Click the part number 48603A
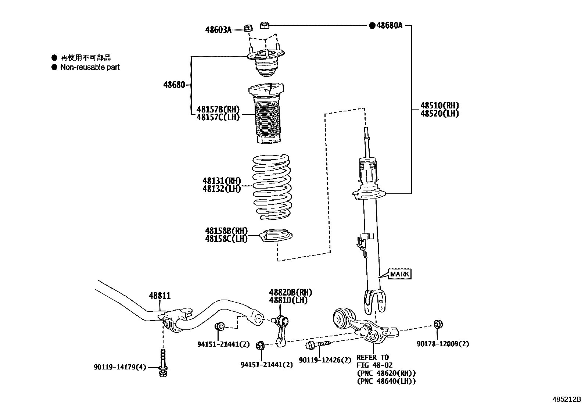pyautogui.click(x=218, y=30)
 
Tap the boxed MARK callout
pyautogui.click(x=399, y=274)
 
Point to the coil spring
pyautogui.click(x=272, y=187)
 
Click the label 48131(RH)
pyautogui.click(x=221, y=181)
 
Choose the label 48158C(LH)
pyautogui.click(x=226, y=239)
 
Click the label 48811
pyautogui.click(x=159, y=296)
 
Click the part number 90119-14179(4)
pyautogui.click(x=120, y=367)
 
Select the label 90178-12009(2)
pyautogui.click(x=442, y=344)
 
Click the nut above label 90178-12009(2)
pyautogui.click(x=438, y=324)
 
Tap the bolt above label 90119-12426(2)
pyautogui.click(x=317, y=344)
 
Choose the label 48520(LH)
pyautogui.click(x=439, y=114)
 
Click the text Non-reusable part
pyautogui.click(x=90, y=67)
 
